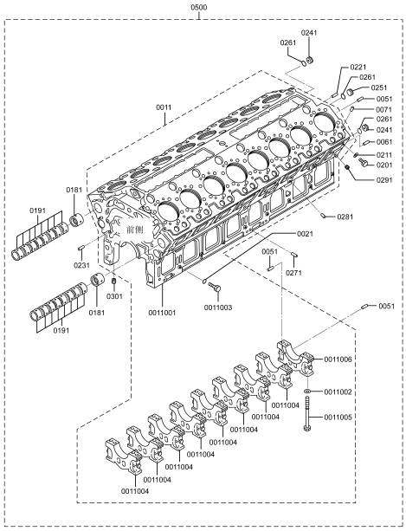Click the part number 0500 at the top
(199, 7)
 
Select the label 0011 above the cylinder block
(164, 107)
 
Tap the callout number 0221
(358, 67)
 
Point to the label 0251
(379, 87)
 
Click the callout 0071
(384, 109)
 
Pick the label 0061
(384, 142)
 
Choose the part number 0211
(384, 155)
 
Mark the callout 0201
(384, 165)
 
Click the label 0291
(384, 180)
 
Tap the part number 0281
(345, 217)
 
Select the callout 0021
(306, 234)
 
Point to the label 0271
(293, 273)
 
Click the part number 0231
(82, 265)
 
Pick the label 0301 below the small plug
(114, 296)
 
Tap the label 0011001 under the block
(163, 313)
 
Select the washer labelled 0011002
(307, 392)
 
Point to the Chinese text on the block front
(135, 230)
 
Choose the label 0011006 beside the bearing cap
(338, 359)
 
